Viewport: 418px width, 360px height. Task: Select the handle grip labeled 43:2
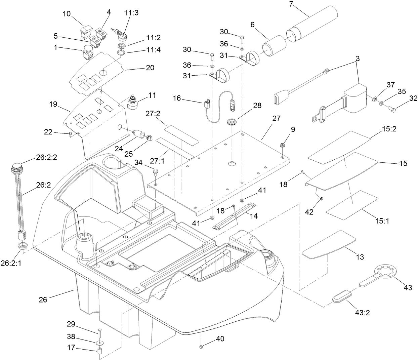(x=342, y=296)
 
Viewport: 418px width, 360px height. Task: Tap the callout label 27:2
(x=153, y=114)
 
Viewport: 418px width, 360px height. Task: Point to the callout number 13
(x=360, y=257)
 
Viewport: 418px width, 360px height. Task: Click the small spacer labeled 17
(x=100, y=352)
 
